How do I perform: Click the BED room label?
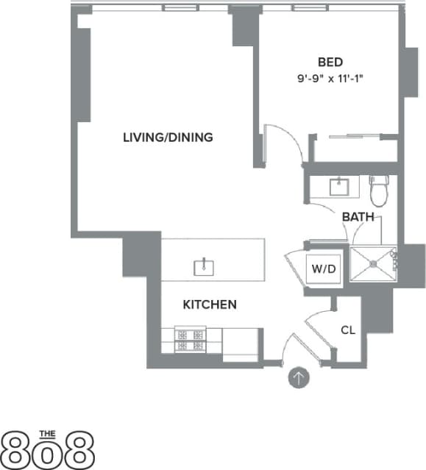(330, 62)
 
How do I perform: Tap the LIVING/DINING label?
(168, 137)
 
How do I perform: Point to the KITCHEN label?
(209, 304)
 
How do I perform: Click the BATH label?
(358, 217)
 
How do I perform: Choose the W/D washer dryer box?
(324, 268)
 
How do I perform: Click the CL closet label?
(348, 330)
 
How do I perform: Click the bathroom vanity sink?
(339, 186)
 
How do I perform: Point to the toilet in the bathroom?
(380, 191)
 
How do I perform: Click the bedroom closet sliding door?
(354, 136)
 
